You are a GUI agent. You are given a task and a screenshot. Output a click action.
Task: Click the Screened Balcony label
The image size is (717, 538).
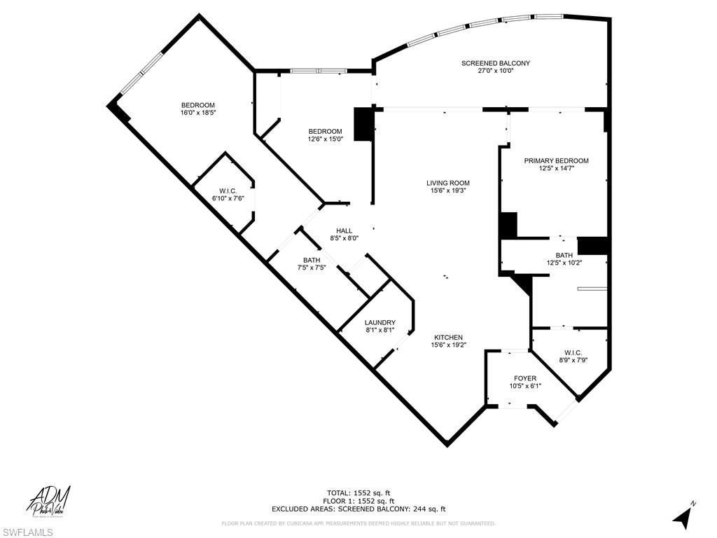[495, 63]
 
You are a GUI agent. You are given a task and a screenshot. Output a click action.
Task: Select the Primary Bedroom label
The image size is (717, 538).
[556, 160]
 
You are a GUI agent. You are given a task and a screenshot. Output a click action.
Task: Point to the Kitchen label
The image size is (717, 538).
[447, 337]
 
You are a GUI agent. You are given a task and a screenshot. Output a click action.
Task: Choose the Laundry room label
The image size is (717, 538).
[380, 322]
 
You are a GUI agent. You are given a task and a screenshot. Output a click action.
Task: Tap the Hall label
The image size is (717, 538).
[344, 230]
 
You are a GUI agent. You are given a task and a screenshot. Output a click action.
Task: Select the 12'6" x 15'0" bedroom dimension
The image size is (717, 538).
[326, 139]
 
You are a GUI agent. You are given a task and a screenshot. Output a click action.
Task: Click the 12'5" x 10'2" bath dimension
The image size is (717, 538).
[564, 263]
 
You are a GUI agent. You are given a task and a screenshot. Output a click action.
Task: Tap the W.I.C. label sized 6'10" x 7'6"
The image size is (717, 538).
[228, 191]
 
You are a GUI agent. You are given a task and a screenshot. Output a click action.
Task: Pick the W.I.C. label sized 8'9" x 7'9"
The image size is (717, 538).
[573, 352]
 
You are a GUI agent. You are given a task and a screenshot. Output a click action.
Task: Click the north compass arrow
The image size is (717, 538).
[684, 516]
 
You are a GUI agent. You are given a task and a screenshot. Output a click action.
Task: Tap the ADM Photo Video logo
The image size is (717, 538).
[49, 501]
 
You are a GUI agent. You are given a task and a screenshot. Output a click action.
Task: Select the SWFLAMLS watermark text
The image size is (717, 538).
[27, 533]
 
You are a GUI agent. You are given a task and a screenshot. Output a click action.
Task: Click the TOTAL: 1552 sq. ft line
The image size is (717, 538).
[358, 492]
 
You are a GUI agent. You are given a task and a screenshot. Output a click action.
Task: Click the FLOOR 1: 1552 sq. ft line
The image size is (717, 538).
[358, 501]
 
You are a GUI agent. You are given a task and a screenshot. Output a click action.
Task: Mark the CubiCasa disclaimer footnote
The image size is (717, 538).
[358, 523]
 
